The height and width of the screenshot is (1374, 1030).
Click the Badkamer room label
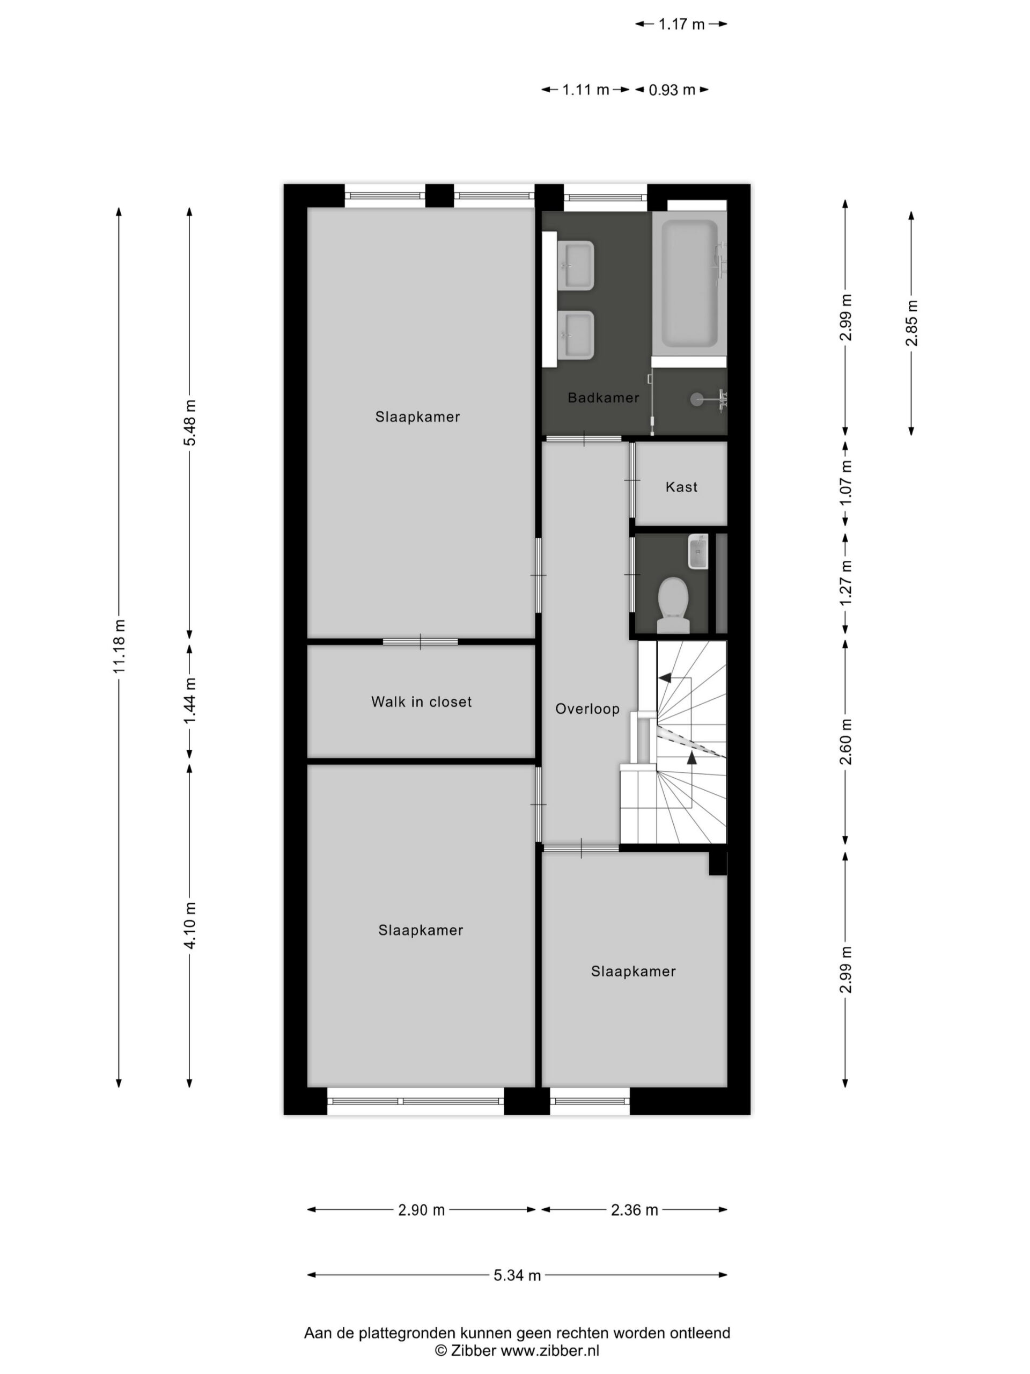pos(603,398)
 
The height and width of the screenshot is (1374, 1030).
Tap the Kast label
pos(681,487)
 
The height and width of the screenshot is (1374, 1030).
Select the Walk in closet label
pos(421,702)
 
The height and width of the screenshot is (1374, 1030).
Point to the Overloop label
pos(587,709)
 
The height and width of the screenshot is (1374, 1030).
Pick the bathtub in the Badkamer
pos(689,284)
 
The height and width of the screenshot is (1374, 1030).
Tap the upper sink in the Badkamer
pos(577,265)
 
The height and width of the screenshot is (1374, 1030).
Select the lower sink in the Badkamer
pos(577,335)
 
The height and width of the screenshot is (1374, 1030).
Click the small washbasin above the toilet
pos(698,552)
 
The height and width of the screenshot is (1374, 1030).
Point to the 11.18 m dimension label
pos(119,646)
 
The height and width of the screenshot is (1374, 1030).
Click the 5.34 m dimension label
pos(517,1275)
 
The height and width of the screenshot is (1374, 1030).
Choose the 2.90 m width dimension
pos(422,1210)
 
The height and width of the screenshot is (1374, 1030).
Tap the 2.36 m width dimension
pos(634,1210)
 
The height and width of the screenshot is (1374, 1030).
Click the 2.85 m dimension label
pos(911,323)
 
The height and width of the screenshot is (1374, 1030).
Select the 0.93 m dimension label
pos(672,90)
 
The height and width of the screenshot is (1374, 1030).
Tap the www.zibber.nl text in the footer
pos(550,1350)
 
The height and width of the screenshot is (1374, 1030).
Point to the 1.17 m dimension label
pos(681,24)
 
